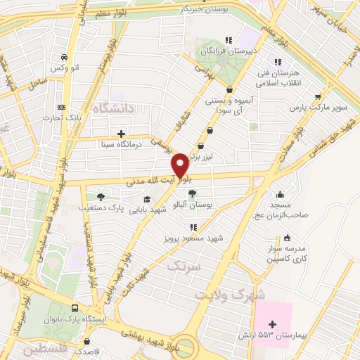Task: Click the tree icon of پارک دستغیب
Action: click(101, 196)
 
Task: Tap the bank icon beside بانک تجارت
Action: click(61, 107)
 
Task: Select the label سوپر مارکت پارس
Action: click(317, 110)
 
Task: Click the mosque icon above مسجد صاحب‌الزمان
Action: click(280, 194)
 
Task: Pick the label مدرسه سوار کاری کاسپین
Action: click(286, 254)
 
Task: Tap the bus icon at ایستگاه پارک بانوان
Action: click(75, 308)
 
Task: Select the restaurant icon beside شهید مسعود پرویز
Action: click(193, 226)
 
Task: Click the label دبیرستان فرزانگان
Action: click(226, 51)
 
